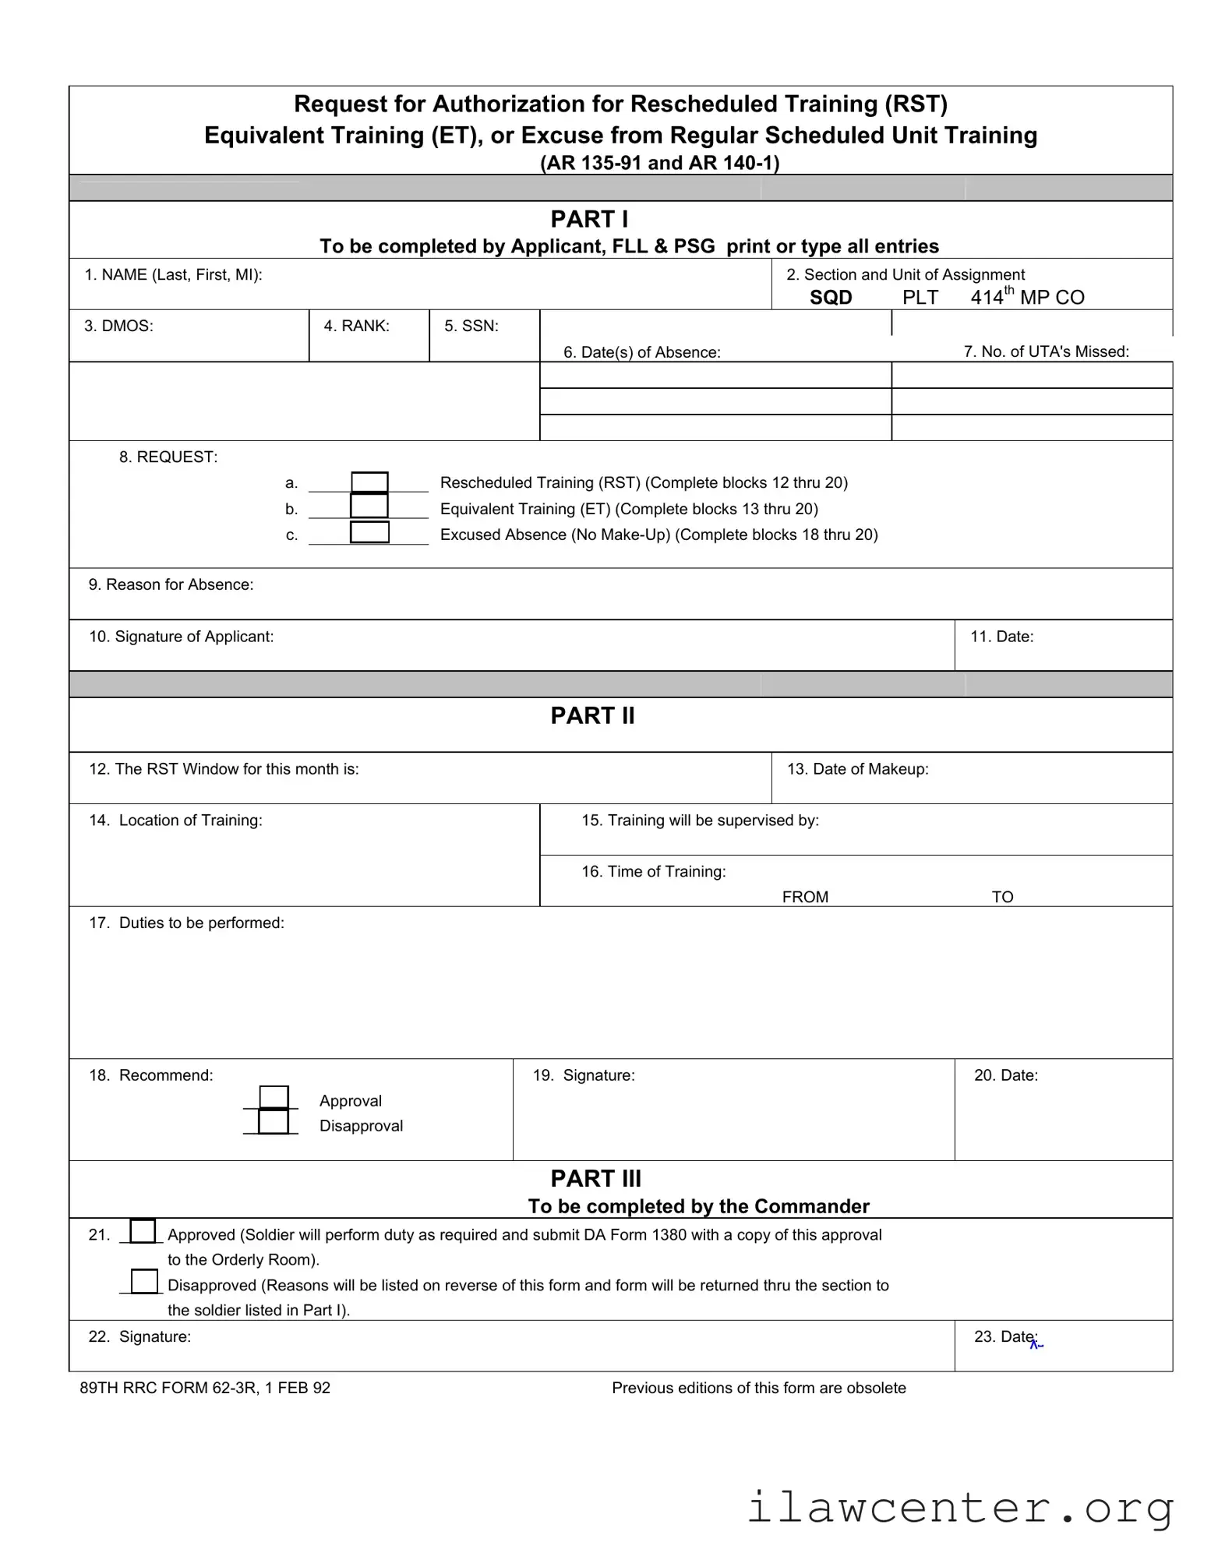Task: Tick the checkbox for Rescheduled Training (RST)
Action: (369, 482)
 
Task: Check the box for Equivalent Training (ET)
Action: (369, 506)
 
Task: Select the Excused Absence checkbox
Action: (369, 532)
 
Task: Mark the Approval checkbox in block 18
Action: (274, 1097)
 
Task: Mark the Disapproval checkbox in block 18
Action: (274, 1122)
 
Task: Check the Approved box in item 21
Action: (143, 1231)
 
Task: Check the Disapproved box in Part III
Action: (144, 1282)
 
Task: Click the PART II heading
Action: (592, 716)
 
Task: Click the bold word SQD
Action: (831, 298)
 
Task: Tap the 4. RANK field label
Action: (356, 326)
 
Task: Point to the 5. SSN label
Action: (471, 326)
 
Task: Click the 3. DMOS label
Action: (118, 326)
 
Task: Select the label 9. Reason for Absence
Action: (171, 585)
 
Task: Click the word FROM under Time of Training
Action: (805, 897)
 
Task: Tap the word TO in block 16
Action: (1002, 897)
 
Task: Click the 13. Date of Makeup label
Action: (857, 769)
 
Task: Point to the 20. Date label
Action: (1005, 1076)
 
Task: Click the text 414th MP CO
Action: (1027, 297)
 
